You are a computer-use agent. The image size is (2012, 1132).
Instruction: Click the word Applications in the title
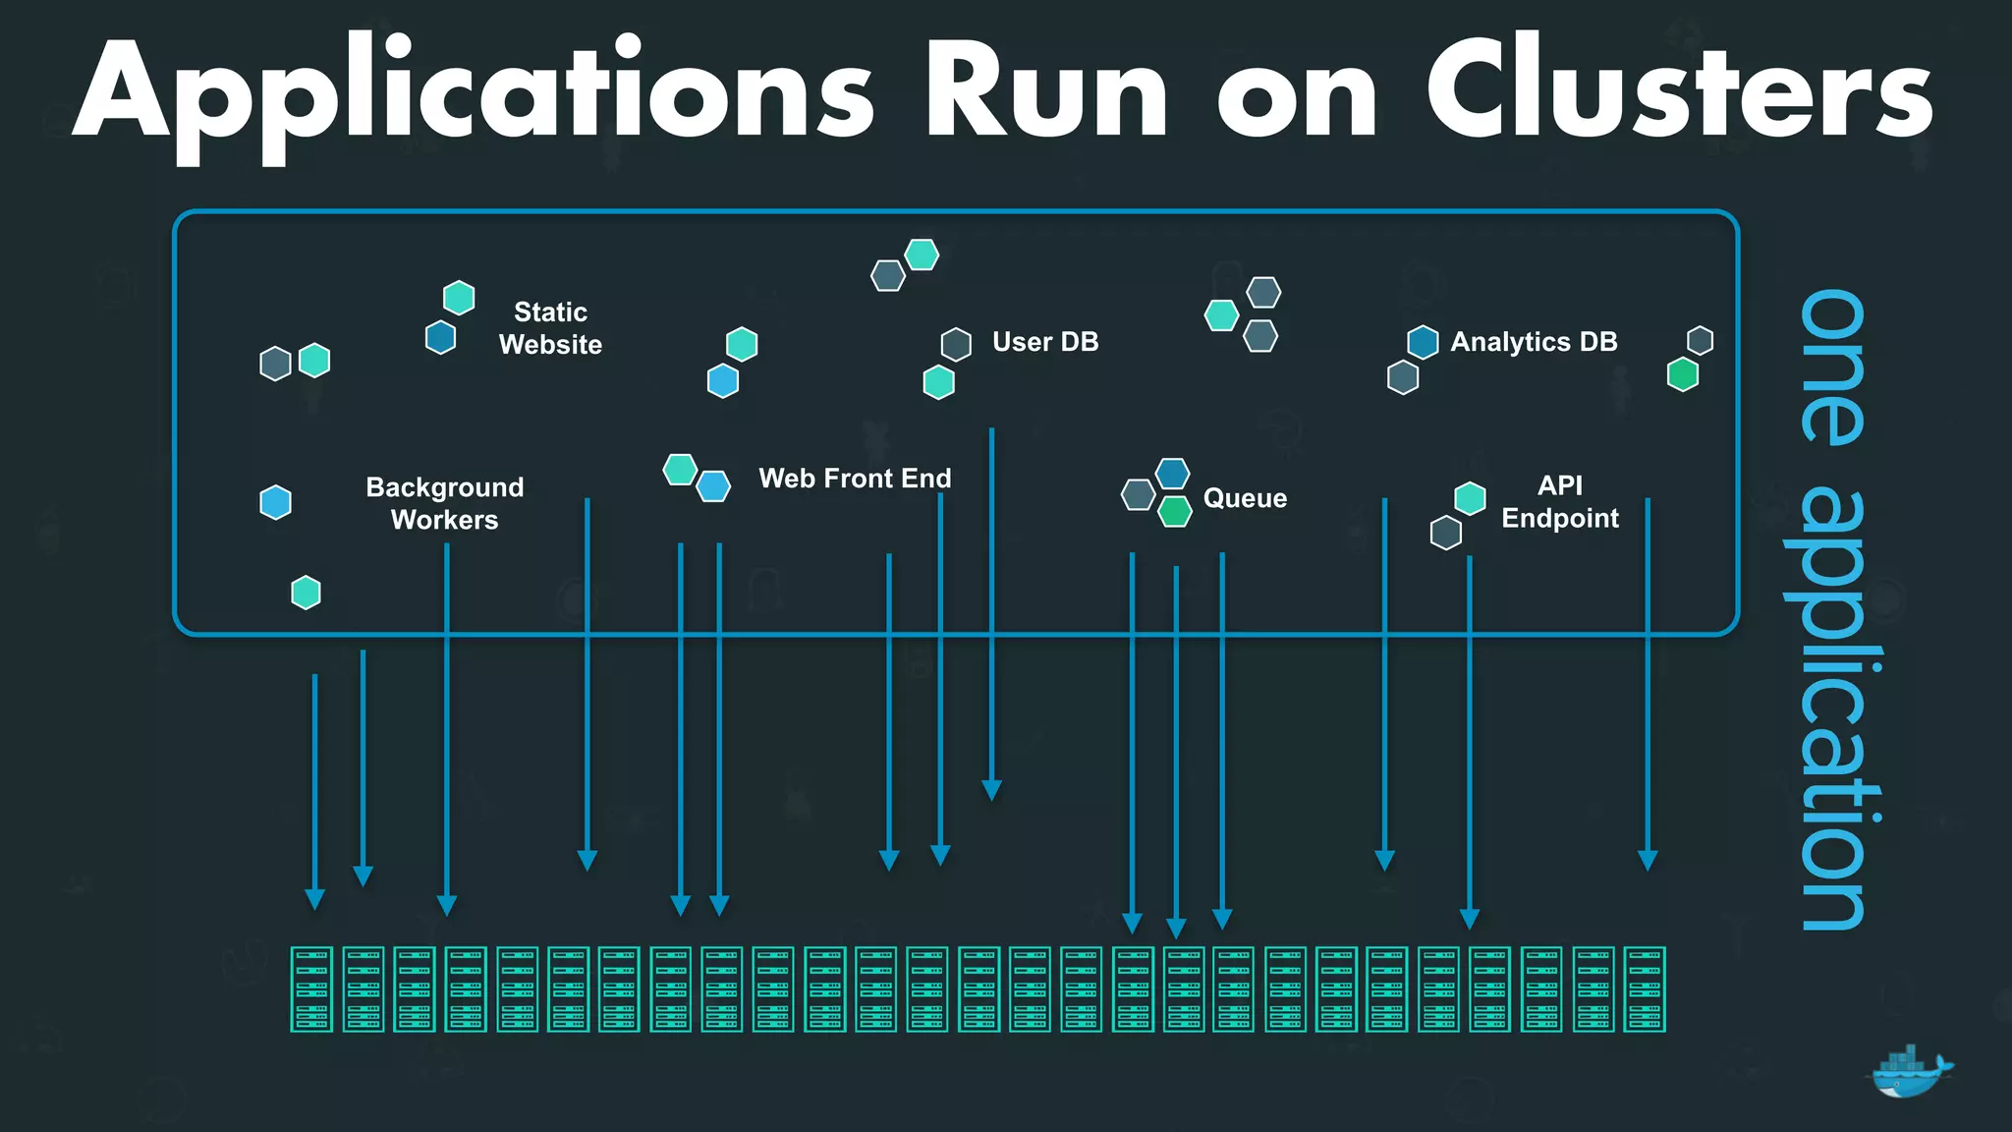tap(472, 93)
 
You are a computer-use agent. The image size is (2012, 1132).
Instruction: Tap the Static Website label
tap(550, 328)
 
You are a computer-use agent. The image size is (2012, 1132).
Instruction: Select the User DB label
tap(1045, 342)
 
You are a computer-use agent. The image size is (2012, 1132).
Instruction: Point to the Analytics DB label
tap(1534, 342)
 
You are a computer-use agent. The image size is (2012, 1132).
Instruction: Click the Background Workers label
tap(444, 503)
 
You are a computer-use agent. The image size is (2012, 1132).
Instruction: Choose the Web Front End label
tap(855, 479)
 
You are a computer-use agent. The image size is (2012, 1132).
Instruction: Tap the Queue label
tap(1245, 498)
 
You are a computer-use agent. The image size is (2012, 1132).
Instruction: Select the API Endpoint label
tap(1559, 501)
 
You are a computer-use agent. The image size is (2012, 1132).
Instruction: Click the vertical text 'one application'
tap(1833, 609)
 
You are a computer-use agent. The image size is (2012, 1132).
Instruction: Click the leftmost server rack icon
tap(311, 989)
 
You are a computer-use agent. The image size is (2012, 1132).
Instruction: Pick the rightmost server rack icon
tap(1645, 989)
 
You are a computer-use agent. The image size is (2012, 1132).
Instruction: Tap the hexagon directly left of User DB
tap(956, 345)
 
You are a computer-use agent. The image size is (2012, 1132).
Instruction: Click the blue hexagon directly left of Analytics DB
tap(1423, 342)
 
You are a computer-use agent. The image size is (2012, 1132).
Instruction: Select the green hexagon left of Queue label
tap(1175, 511)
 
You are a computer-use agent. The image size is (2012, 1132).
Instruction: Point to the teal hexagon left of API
tap(1470, 498)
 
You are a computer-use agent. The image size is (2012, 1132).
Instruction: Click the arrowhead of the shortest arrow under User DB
tap(992, 789)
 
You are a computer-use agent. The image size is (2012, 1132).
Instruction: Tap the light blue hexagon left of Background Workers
tap(275, 502)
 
